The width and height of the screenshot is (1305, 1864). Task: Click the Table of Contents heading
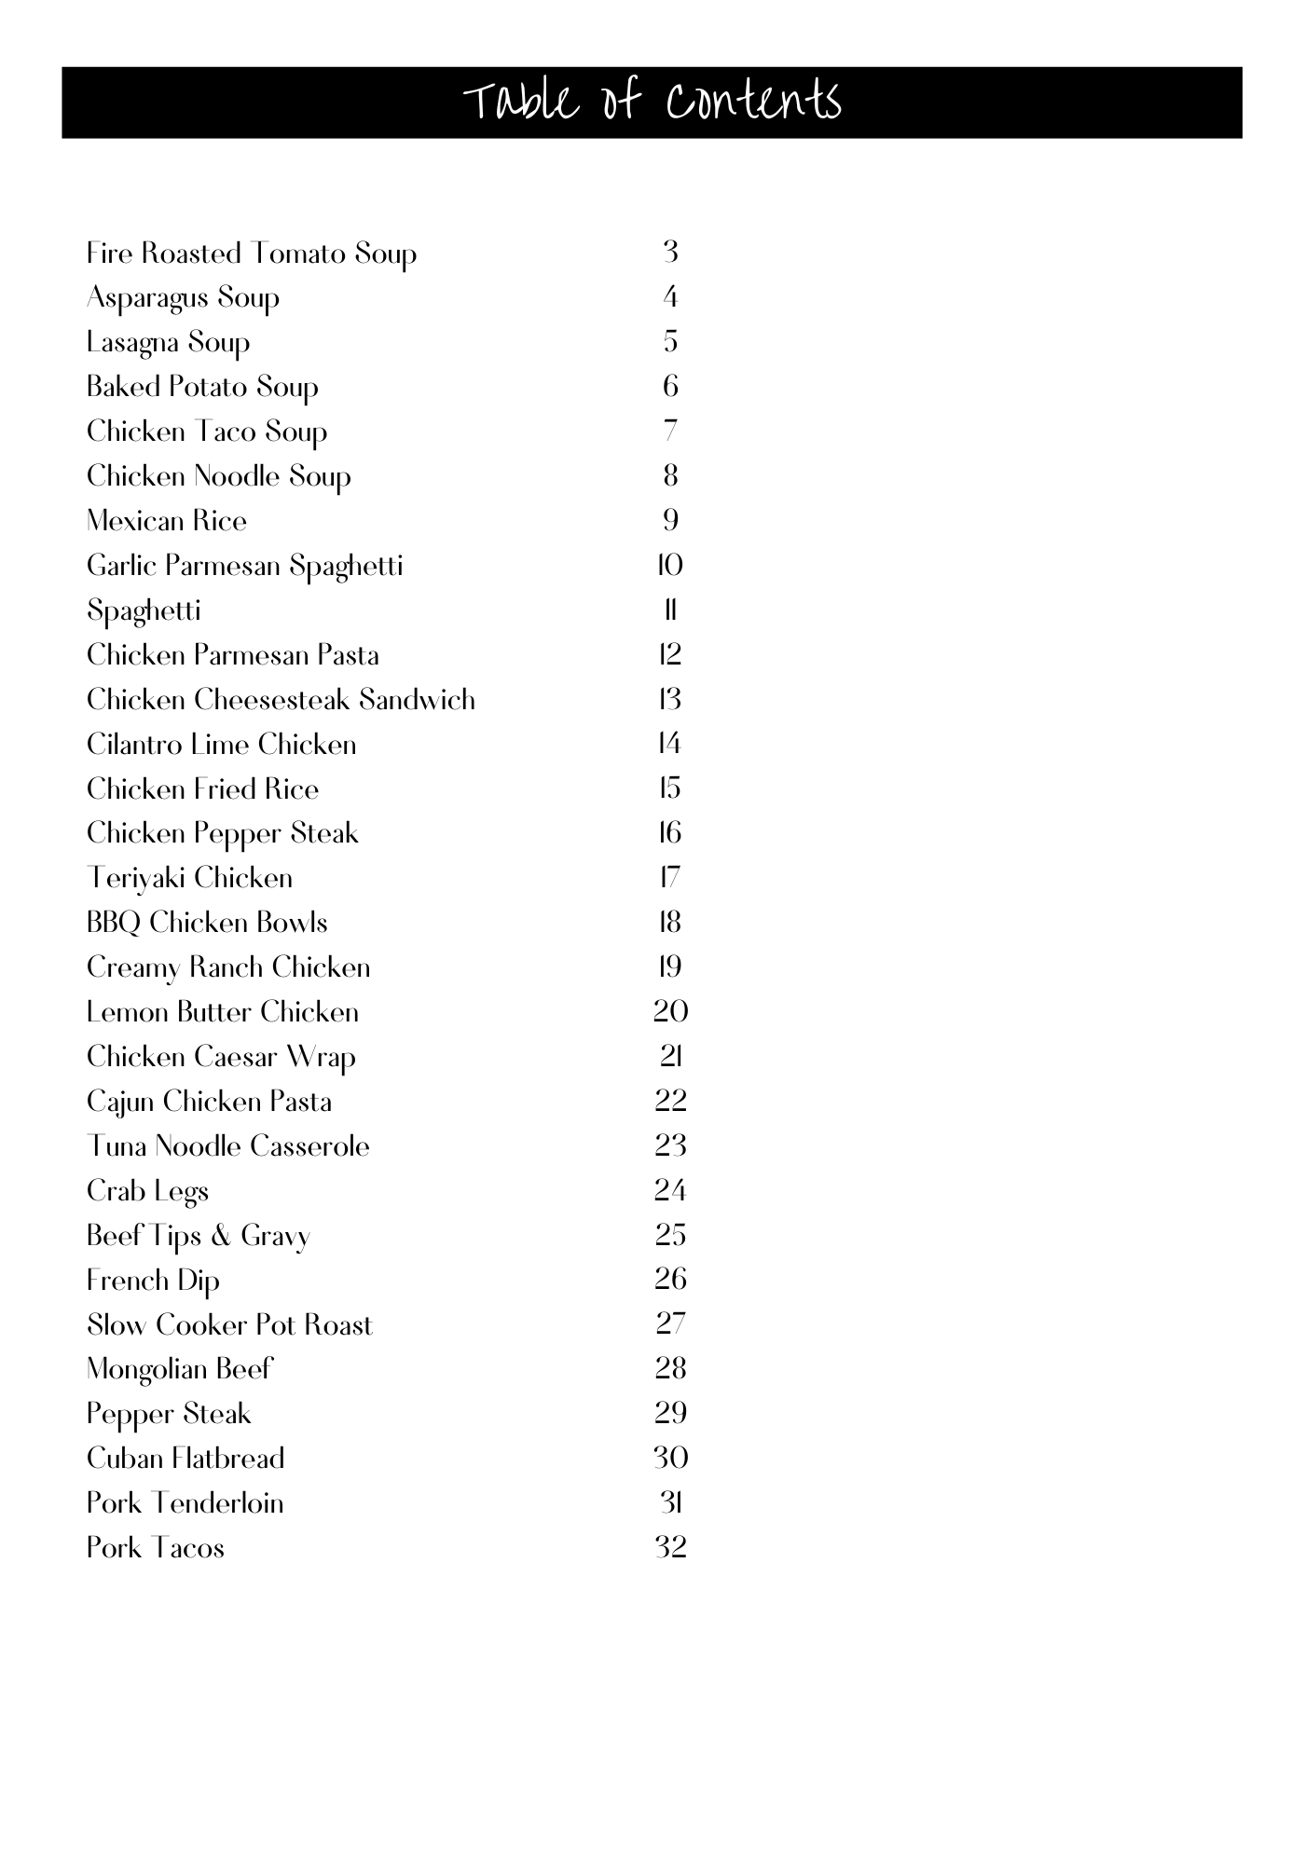click(652, 102)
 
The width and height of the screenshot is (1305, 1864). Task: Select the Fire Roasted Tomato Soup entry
click(251, 254)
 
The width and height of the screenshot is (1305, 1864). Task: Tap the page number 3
click(670, 252)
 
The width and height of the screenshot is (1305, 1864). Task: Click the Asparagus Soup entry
click(183, 298)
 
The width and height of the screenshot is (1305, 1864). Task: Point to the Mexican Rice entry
click(167, 521)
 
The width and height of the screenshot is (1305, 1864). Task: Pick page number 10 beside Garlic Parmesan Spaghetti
click(670, 565)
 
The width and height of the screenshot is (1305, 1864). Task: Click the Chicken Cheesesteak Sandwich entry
click(281, 700)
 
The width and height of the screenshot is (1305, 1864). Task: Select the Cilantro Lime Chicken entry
click(221, 745)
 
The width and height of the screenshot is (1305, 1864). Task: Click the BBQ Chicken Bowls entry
click(207, 923)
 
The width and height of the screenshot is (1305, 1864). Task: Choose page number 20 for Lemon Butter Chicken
click(670, 1011)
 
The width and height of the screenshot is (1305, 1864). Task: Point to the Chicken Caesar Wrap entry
click(221, 1058)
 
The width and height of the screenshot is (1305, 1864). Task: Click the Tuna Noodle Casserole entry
click(227, 1146)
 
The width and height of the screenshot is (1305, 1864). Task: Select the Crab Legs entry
click(147, 1192)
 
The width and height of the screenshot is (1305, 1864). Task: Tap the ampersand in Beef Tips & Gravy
click(221, 1236)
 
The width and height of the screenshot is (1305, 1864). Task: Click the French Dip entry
click(153, 1281)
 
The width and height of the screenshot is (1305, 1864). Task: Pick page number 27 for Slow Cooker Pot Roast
click(670, 1323)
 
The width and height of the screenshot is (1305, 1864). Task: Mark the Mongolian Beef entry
click(179, 1369)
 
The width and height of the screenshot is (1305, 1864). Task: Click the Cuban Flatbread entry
click(185, 1459)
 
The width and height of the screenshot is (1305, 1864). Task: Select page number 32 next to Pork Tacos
click(670, 1547)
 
